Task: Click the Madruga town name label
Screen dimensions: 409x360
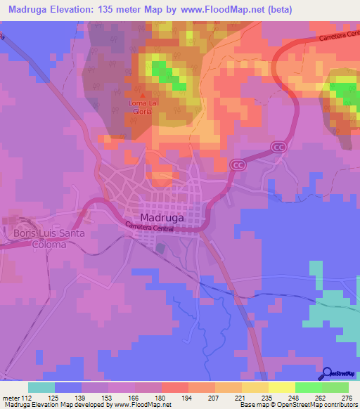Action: (163, 217)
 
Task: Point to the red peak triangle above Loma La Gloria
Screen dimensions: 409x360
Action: (143, 97)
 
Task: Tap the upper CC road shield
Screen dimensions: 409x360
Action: (280, 146)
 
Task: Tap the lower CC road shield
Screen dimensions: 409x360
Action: (236, 164)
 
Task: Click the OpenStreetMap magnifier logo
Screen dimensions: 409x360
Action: (328, 373)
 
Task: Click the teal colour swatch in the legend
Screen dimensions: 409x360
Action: (41, 387)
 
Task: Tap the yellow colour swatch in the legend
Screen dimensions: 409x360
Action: (282, 387)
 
